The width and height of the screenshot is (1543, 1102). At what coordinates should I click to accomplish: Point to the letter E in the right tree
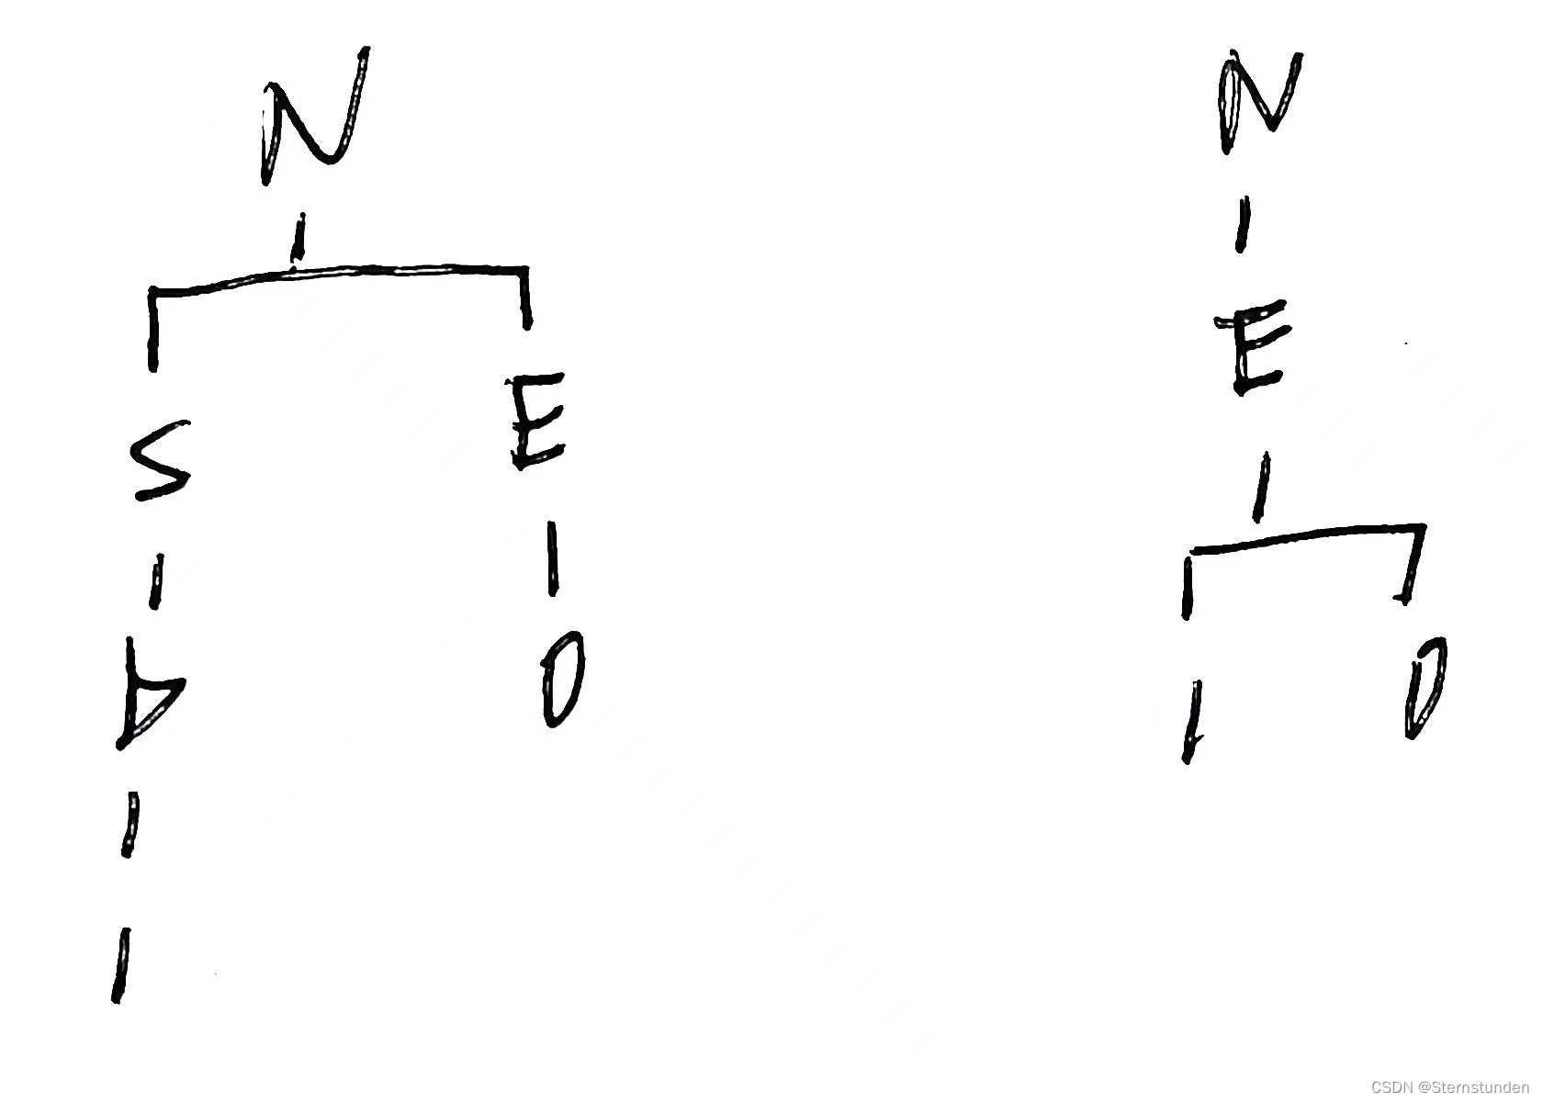click(1247, 353)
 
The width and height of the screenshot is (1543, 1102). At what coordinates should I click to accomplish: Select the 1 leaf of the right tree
click(1192, 722)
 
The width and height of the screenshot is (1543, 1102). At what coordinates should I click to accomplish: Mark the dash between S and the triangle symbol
click(156, 580)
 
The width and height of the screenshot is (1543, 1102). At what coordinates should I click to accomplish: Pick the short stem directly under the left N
click(298, 237)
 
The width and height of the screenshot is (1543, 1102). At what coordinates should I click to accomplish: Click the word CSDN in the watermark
click(1391, 1087)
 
